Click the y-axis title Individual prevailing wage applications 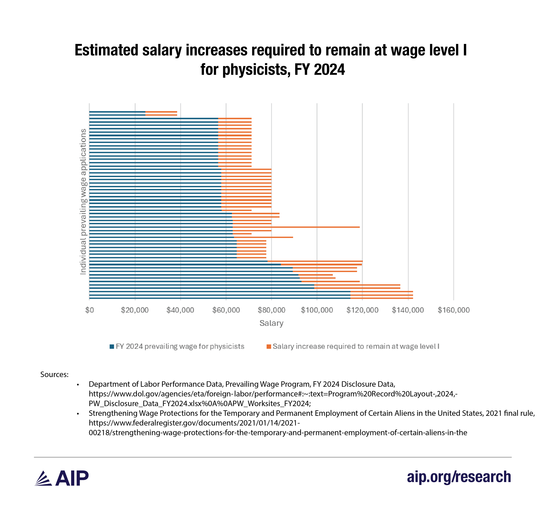tap(83, 202)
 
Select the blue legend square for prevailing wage tap(112, 347)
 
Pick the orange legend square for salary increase tap(269, 347)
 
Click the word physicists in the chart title tap(256, 70)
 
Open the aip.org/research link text tap(459, 477)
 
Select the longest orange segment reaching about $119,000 tap(296, 227)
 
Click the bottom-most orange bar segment tap(381, 298)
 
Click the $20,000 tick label tap(135, 310)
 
